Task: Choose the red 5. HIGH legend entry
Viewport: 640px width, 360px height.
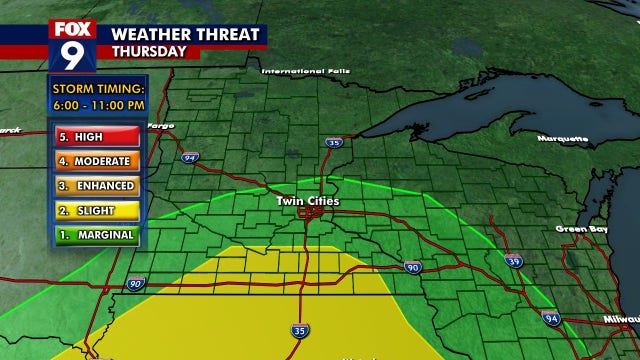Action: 95,136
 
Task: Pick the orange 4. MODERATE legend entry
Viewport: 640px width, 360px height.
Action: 95,161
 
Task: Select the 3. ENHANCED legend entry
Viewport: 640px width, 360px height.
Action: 95,186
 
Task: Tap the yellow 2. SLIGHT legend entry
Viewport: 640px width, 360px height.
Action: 95,211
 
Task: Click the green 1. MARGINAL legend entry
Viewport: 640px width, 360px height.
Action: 95,236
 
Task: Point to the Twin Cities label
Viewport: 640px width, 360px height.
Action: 308,201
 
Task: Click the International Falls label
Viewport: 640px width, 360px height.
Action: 308,72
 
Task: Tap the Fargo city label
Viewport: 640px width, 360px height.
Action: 160,126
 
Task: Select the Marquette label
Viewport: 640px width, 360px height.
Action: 562,138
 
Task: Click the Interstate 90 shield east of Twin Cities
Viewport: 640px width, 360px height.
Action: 412,266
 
